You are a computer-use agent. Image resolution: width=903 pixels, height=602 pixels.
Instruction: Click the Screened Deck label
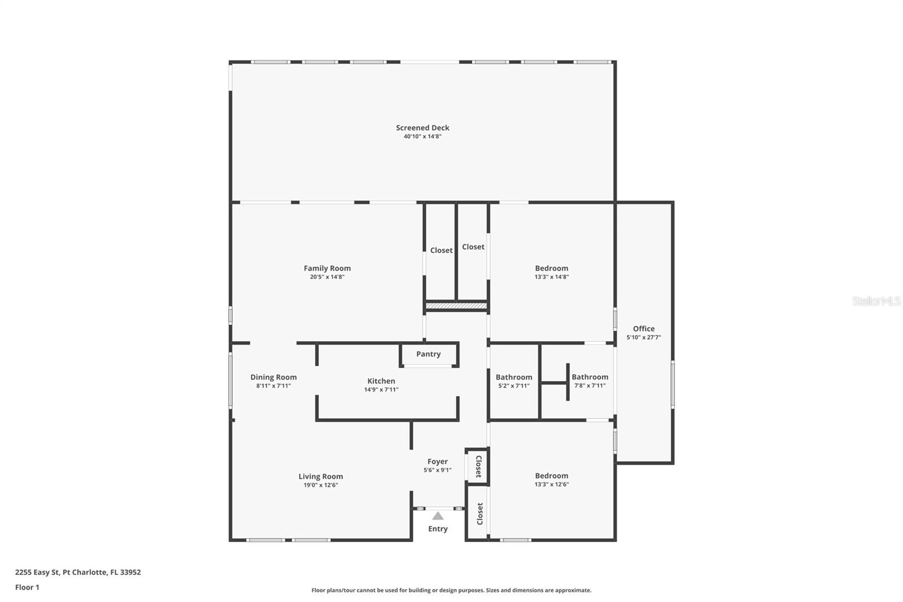(x=422, y=128)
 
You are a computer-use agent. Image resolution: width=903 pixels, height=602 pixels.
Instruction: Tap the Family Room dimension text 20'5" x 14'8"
(x=327, y=277)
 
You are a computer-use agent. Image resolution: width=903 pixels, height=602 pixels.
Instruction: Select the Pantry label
(x=428, y=354)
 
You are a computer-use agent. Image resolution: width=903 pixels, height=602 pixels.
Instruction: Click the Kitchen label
(x=381, y=381)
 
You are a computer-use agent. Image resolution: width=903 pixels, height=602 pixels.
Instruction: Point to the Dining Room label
(x=273, y=377)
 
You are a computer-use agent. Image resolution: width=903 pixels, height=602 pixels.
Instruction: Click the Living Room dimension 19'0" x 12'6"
(x=321, y=485)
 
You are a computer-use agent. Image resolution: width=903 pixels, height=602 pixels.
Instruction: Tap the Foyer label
(x=437, y=461)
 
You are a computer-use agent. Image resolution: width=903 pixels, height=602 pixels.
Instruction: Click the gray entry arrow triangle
(x=438, y=516)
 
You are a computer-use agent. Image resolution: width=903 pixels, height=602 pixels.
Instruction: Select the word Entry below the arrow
(x=438, y=529)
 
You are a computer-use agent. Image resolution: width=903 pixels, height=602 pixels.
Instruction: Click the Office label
(x=643, y=329)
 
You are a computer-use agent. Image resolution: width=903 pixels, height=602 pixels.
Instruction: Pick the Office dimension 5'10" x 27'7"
(x=643, y=338)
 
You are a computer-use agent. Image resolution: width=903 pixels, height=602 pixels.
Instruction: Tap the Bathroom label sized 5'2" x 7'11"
(x=514, y=377)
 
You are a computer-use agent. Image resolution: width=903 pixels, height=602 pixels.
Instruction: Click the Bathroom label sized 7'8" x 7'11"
(x=590, y=377)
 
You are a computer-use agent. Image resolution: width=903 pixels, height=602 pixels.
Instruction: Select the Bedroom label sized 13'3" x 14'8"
(x=551, y=268)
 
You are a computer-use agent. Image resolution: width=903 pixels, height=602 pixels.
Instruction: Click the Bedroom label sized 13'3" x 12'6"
(x=551, y=476)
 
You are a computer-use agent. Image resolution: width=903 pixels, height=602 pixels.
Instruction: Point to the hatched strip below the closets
(x=456, y=306)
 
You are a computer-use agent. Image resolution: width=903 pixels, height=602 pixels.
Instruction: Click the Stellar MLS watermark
(x=876, y=302)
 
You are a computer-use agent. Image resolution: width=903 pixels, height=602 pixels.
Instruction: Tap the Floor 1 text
(x=27, y=587)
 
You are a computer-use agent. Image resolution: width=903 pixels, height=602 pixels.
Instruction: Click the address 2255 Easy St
(x=78, y=572)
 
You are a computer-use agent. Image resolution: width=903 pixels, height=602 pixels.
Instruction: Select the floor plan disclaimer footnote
(x=451, y=590)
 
